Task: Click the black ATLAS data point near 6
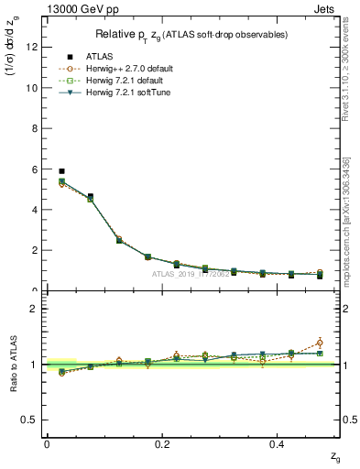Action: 61,171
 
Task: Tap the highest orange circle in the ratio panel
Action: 319,343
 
